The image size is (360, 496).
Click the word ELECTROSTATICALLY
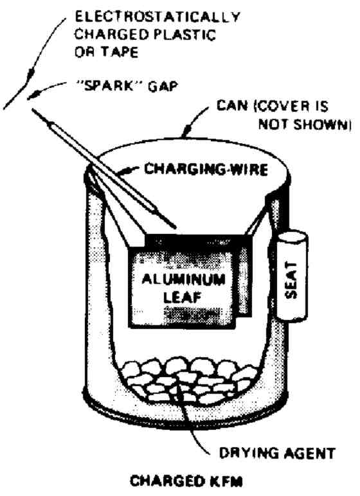[157, 17]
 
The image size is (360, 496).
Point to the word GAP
[163, 86]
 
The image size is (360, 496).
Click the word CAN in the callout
[232, 106]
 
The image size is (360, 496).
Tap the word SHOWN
[320, 124]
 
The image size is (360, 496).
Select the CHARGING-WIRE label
[206, 169]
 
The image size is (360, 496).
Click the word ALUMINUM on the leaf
[184, 279]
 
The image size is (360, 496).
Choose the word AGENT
[309, 454]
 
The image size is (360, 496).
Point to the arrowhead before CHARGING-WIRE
[127, 171]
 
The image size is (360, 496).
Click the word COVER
[283, 106]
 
